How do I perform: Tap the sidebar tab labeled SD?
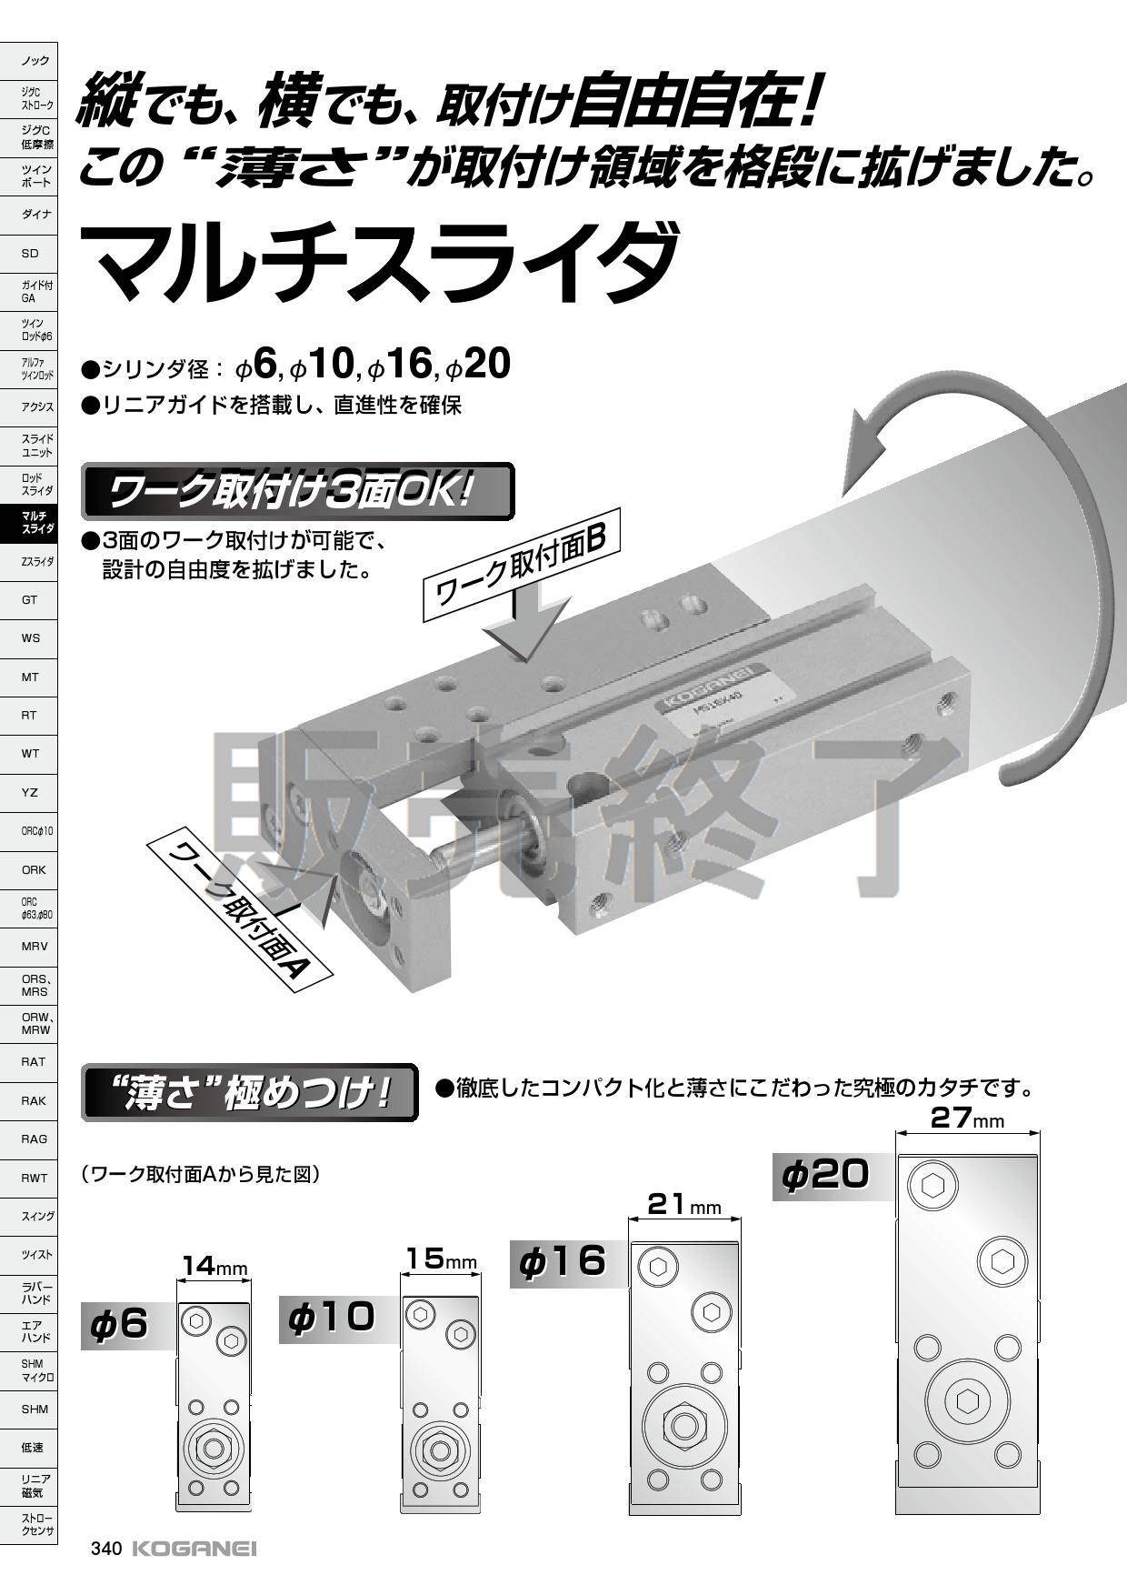coord(29,253)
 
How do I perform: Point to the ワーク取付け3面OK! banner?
coord(298,492)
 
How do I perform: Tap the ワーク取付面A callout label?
coord(238,909)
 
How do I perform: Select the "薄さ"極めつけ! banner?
coord(250,1091)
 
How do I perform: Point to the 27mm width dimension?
coord(968,1119)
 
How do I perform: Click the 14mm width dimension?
coord(214,1266)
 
